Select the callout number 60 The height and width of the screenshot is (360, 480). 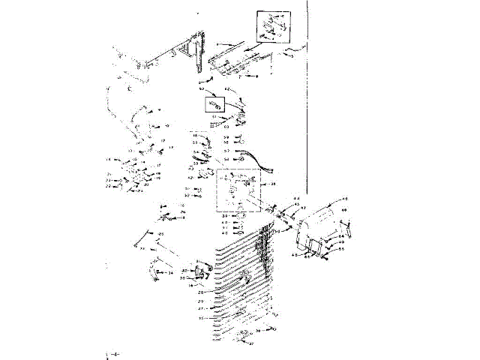tap(226, 127)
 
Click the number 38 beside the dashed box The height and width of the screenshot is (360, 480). tap(273, 184)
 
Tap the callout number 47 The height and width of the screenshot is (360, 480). tap(304, 207)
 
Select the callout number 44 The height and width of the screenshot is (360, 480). tap(296, 198)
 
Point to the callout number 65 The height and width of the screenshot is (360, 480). tap(341, 248)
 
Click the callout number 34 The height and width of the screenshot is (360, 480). tap(170, 273)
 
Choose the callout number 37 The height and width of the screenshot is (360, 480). tap(251, 344)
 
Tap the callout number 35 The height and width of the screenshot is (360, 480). tap(201, 318)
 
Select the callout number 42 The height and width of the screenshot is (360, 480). tap(190, 178)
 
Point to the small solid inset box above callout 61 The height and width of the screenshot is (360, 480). tap(214, 103)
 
